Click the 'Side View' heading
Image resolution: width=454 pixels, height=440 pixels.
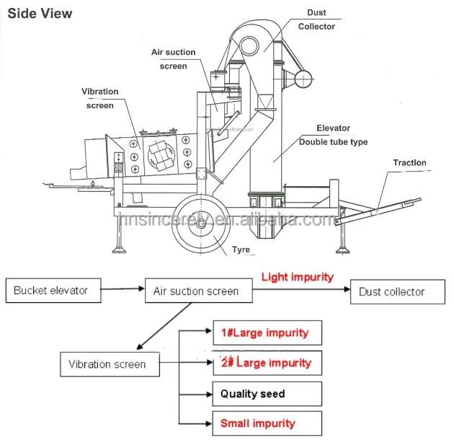tap(40, 14)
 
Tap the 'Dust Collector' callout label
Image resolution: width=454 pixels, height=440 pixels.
tap(316, 19)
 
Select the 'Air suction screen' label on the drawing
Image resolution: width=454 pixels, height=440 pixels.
tap(173, 59)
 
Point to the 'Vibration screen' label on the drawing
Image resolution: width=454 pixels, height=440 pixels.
tap(99, 98)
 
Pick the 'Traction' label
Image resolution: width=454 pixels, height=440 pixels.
tap(409, 163)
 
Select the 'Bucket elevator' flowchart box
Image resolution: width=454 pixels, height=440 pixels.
tap(51, 291)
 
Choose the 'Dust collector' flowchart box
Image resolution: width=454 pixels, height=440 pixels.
tap(391, 291)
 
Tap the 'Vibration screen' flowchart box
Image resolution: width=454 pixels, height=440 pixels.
tap(107, 364)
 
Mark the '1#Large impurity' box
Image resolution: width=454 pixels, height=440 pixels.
tap(267, 333)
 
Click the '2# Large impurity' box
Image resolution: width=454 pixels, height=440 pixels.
tap(267, 363)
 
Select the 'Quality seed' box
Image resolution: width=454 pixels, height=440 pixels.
tap(267, 394)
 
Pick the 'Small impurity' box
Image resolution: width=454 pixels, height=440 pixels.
tap(267, 423)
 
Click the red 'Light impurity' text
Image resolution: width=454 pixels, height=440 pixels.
tap(297, 277)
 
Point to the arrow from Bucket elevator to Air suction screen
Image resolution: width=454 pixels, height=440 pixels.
tap(120, 291)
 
